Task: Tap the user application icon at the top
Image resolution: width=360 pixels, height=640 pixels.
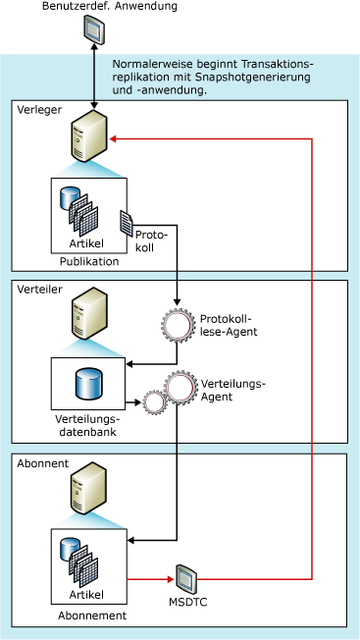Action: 93,32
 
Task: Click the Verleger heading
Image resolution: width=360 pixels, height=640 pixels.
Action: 38,110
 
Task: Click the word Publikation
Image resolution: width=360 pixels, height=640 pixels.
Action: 88,261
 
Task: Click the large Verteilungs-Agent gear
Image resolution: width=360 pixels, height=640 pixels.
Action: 181,390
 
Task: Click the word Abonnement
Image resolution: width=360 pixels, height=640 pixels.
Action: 88,616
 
